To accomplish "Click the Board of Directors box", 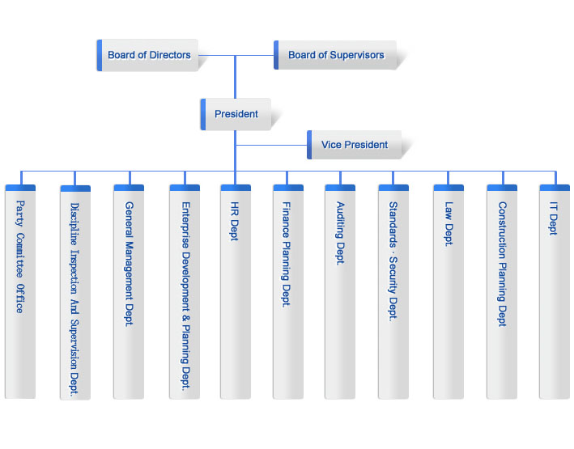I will coord(148,55).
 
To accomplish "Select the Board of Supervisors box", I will coord(337,55).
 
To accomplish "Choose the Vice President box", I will coord(355,145).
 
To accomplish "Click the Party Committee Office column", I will coord(20,291).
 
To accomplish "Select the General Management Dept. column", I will coord(129,291).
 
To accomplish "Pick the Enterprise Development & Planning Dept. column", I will coord(185,291).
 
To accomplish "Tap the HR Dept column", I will coord(236,291).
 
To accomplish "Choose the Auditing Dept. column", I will coord(340,291).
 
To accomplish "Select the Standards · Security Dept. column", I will coord(393,291).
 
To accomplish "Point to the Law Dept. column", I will coord(448,291).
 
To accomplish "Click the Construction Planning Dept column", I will coord(502,291).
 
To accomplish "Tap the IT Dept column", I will coord(554,291).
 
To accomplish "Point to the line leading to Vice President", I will coord(271,145).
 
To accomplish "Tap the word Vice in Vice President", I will coord(331,145).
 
